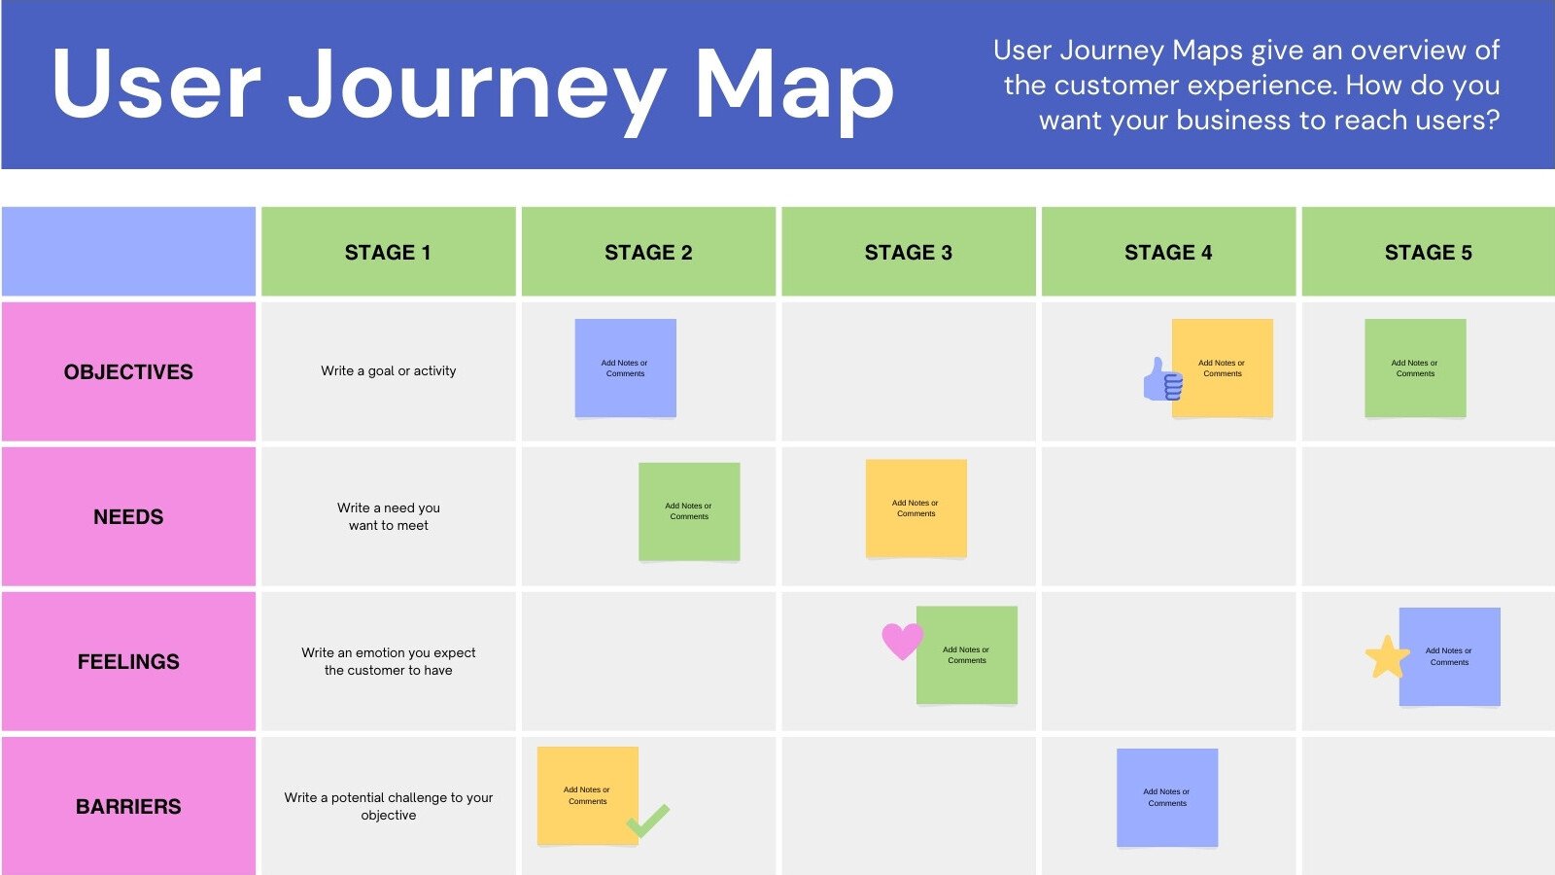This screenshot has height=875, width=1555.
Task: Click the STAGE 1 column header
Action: coord(388,252)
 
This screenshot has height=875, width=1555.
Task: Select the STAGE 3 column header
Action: coord(908,252)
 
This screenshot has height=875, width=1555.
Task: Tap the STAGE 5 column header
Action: coord(1428,252)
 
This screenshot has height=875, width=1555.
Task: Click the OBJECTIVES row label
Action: coord(128,371)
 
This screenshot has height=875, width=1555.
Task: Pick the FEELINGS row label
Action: coord(128,661)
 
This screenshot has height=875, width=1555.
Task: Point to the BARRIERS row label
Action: coord(128,806)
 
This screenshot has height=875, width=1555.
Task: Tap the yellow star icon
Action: coord(1387,657)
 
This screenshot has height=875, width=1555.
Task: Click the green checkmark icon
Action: coord(648,821)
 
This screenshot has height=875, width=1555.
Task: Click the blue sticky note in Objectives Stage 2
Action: coord(625,367)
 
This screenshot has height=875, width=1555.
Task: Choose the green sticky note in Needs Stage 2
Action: coord(689,511)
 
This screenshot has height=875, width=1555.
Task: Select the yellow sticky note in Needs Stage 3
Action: coord(916,507)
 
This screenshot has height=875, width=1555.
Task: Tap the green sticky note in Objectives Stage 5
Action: coord(1415,367)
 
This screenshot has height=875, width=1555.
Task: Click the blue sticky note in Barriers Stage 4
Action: coord(1166,797)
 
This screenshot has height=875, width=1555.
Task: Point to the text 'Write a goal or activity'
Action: coord(388,370)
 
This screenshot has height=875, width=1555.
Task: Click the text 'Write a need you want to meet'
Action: coord(388,516)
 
